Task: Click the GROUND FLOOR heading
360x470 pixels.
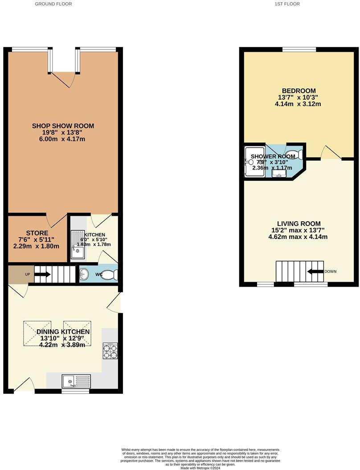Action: pos(53,4)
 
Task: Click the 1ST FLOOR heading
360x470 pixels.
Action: pos(287,4)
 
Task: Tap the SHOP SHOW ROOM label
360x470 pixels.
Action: pos(63,126)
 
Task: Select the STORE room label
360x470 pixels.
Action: pos(34,233)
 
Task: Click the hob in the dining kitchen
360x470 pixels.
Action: pos(110,351)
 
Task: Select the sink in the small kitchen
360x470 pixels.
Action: pos(78,243)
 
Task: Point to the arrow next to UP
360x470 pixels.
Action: pos(42,275)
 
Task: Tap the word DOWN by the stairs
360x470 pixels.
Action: pos(330,271)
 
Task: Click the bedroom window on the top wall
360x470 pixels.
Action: pos(299,49)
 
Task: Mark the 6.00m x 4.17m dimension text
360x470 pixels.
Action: pos(63,139)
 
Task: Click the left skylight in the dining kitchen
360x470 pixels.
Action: pos(37,333)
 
